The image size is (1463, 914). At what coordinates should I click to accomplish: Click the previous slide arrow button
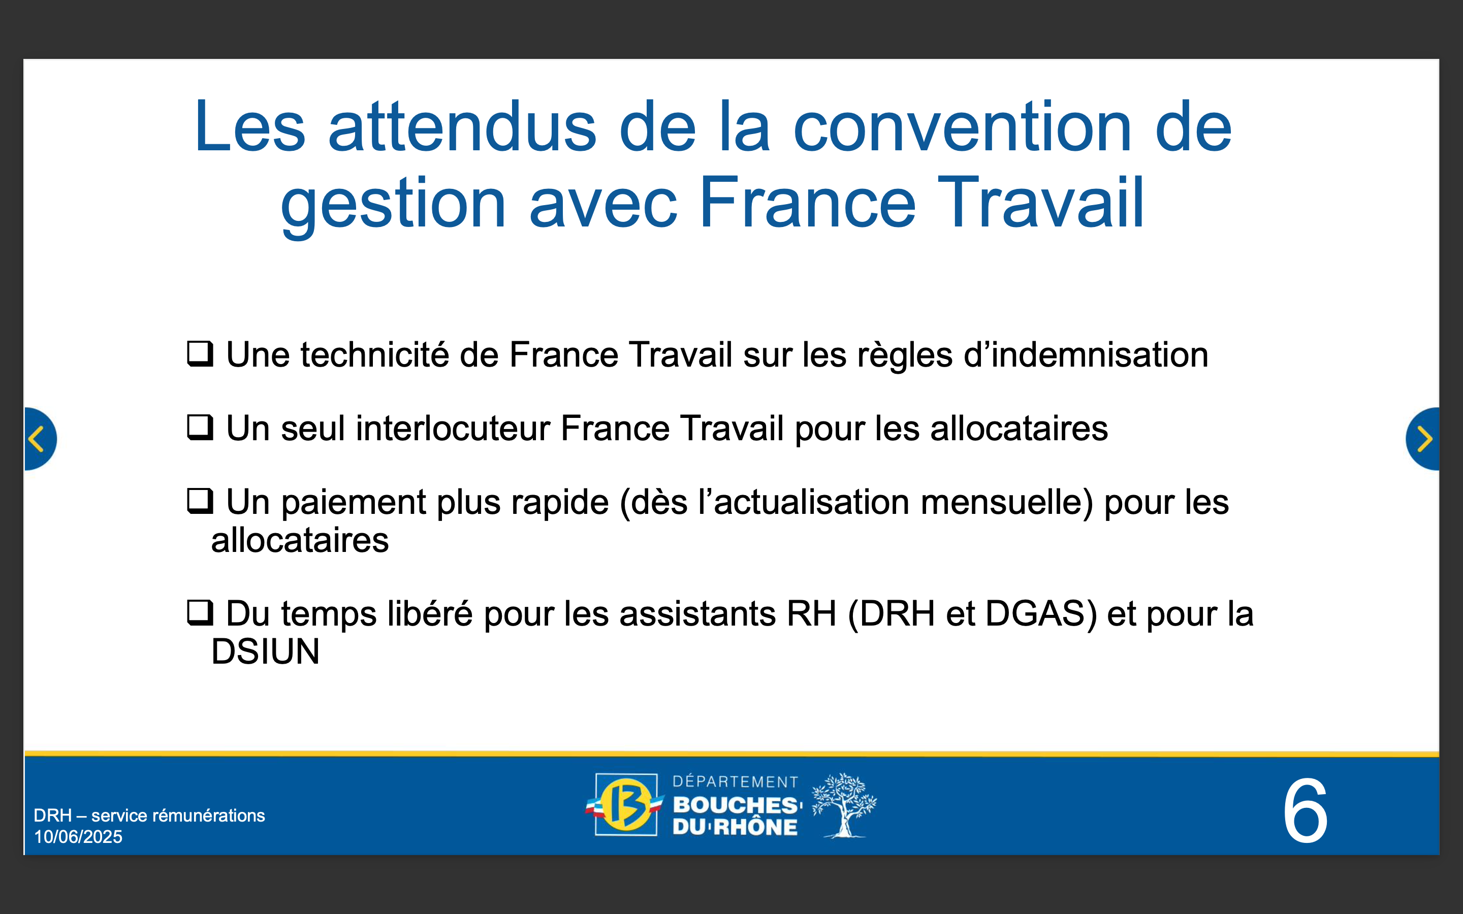tap(40, 439)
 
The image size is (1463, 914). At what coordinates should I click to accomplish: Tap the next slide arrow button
tap(1422, 439)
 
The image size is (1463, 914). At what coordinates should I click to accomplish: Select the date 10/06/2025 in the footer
tap(78, 837)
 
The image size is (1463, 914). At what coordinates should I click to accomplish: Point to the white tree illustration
tap(844, 805)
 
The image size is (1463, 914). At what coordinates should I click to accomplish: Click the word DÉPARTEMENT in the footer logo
tap(735, 782)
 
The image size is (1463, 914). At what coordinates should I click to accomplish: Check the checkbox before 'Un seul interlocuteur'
tap(200, 428)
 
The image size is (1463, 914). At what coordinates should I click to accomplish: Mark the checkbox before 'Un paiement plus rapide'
tap(200, 501)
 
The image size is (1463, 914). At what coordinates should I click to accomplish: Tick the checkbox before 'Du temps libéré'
tap(200, 612)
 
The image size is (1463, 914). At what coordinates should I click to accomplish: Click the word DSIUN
tap(265, 651)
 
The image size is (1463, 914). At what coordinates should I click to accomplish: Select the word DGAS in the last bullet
tap(1041, 613)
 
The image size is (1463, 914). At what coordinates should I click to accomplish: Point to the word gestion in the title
tap(394, 204)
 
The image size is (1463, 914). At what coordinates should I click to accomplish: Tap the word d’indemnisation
tap(1086, 354)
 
